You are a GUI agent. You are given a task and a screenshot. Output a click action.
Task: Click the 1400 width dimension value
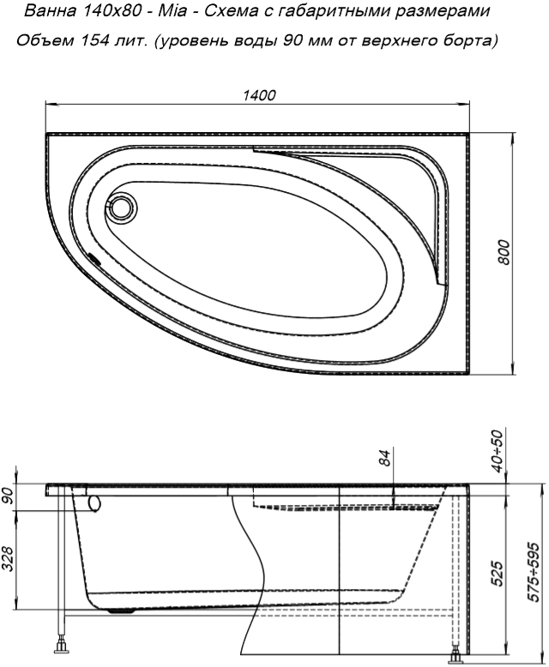[x=259, y=95]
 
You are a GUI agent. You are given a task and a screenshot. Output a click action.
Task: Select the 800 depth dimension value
[x=504, y=252]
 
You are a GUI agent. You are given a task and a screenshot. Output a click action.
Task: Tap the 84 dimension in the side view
[x=384, y=458]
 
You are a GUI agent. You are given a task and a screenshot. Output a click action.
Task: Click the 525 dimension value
[x=498, y=573]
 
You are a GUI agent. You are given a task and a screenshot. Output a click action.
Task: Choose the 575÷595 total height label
[x=533, y=572]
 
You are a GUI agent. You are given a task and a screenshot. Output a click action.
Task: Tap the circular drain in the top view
[x=122, y=207]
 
